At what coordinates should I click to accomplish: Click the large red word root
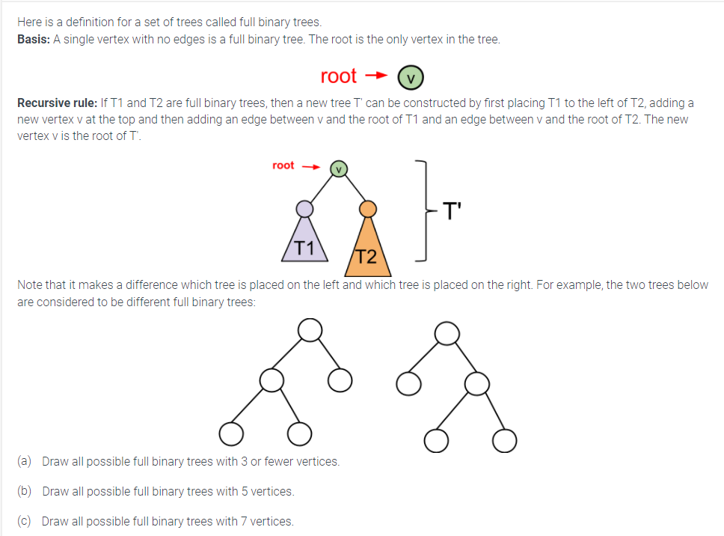click(x=339, y=76)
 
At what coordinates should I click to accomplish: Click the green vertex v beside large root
click(x=411, y=76)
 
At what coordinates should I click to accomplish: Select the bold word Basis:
click(x=34, y=40)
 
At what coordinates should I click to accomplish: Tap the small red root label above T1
click(x=283, y=165)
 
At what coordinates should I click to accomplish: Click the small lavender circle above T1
click(x=304, y=207)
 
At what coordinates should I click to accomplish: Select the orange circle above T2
click(x=367, y=207)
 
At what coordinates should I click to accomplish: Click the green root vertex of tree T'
click(x=339, y=169)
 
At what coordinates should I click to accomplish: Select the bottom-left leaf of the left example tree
click(x=231, y=433)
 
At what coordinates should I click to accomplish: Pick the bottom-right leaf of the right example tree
click(x=505, y=440)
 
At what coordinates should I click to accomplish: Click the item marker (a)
click(x=24, y=461)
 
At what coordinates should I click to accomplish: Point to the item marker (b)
click(x=24, y=491)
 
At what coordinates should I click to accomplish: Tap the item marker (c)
click(x=24, y=521)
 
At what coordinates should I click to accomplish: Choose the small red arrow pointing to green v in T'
click(x=310, y=166)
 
